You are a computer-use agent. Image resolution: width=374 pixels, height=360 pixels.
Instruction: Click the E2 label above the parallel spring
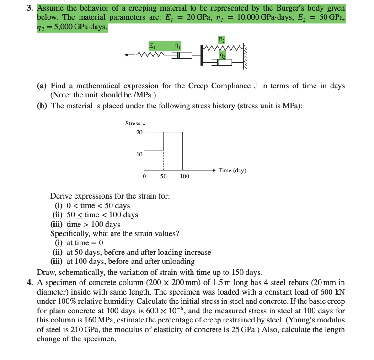tap(221, 38)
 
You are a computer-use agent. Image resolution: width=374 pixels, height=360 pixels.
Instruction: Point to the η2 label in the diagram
tap(222, 55)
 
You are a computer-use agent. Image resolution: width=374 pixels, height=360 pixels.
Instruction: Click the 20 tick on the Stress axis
tap(139, 132)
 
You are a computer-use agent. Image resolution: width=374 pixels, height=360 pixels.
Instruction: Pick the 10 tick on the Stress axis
tap(139, 154)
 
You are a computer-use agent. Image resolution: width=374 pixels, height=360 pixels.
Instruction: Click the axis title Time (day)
tap(232, 171)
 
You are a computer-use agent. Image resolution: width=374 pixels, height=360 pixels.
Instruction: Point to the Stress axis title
tap(133, 123)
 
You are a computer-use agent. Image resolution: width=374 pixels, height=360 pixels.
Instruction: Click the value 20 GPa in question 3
tap(197, 17)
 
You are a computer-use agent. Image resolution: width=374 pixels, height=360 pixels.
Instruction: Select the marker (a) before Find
tap(43, 86)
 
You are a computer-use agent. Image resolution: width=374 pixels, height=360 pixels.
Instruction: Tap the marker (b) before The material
tap(43, 106)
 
